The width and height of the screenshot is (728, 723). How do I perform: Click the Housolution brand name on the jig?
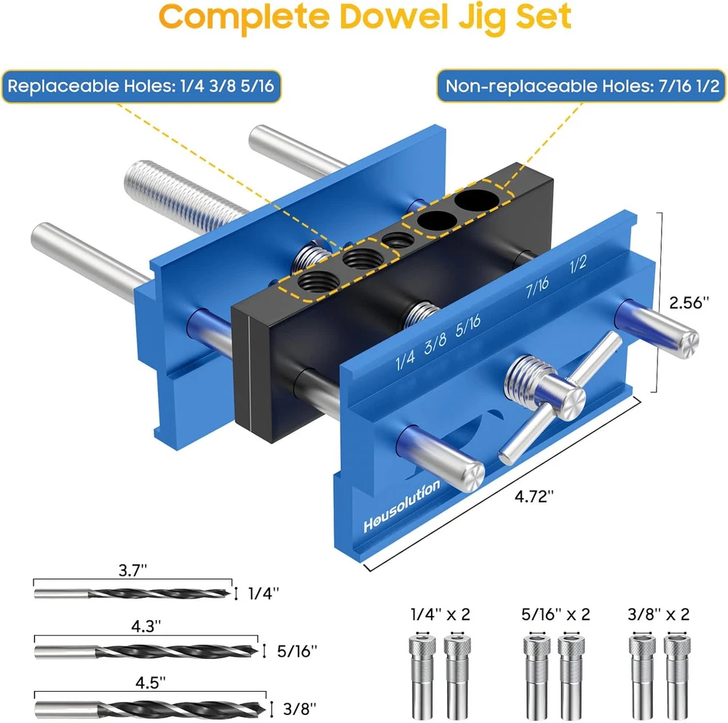tap(402, 506)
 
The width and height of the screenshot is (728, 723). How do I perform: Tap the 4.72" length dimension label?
tap(534, 497)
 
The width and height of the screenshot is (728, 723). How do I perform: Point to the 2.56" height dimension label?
tap(689, 303)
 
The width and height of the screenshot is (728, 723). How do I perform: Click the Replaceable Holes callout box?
tap(141, 86)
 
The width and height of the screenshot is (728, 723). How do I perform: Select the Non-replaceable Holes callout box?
tap(581, 86)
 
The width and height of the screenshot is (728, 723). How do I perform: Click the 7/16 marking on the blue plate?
tap(537, 287)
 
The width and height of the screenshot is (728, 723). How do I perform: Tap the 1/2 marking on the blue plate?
tap(578, 265)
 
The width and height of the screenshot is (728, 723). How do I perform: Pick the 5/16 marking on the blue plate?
tap(467, 325)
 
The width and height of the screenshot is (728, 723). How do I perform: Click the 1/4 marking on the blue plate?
tap(405, 360)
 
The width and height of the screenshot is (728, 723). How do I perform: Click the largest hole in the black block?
tap(477, 199)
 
